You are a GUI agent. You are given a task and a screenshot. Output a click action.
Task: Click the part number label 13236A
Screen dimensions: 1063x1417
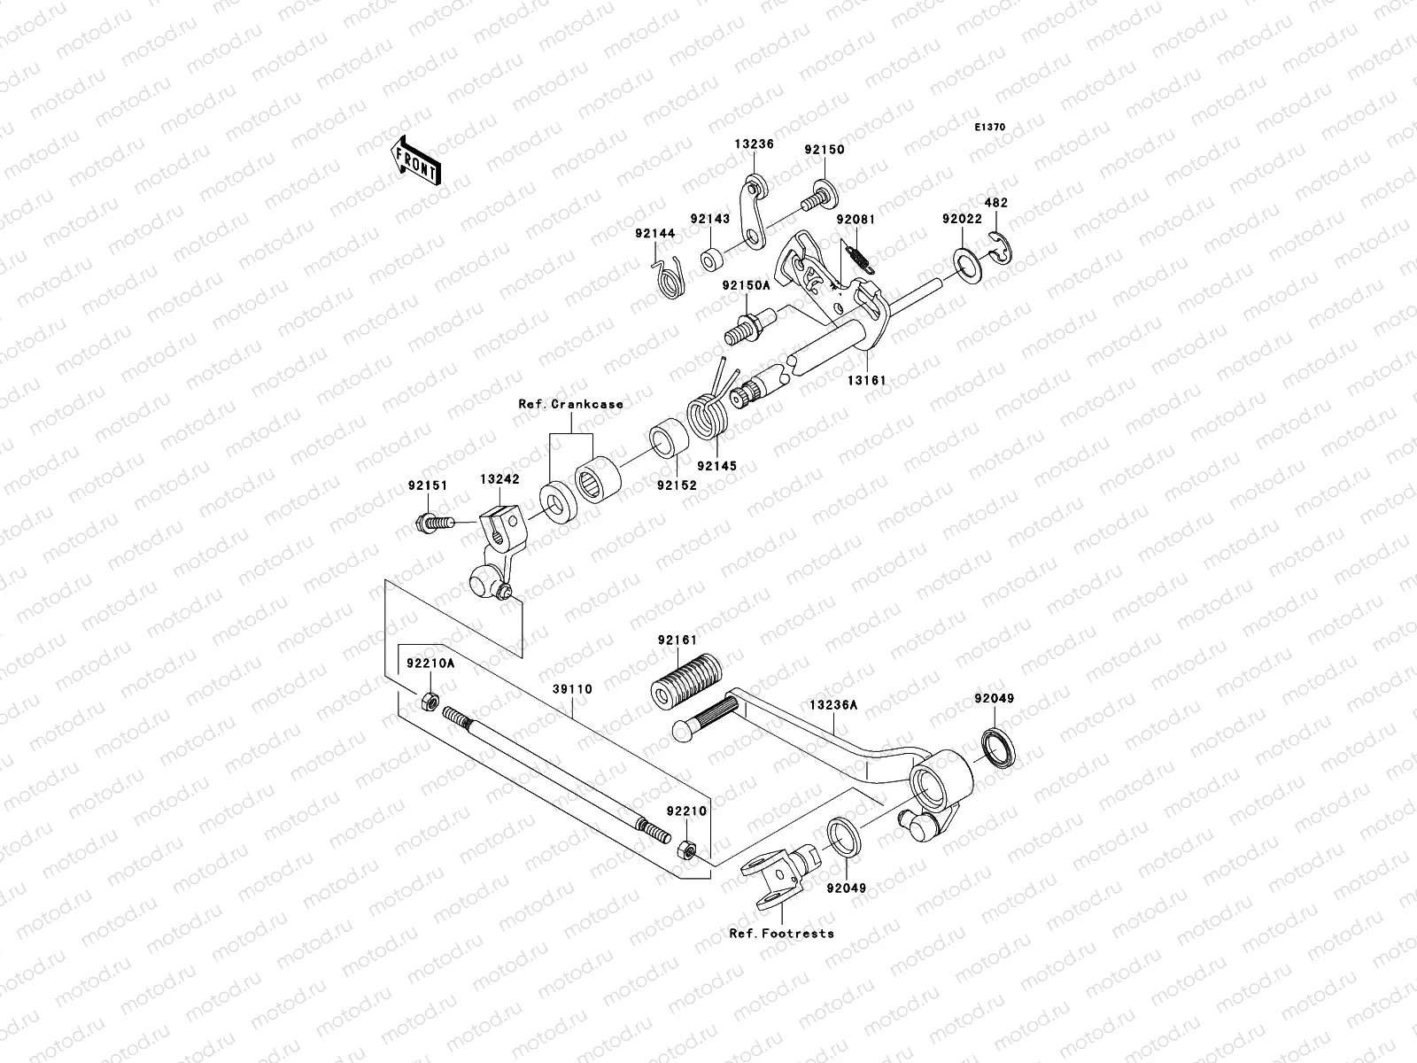pyautogui.click(x=832, y=706)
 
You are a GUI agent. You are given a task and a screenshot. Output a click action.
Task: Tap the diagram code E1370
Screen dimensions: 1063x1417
pyautogui.click(x=990, y=128)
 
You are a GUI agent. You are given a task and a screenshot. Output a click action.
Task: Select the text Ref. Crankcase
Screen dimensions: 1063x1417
pyautogui.click(x=570, y=404)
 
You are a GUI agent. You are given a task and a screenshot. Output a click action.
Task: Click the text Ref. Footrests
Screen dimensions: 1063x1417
pyautogui.click(x=781, y=934)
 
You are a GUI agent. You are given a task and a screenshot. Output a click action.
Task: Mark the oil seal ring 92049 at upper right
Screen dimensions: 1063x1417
pyautogui.click(x=997, y=748)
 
